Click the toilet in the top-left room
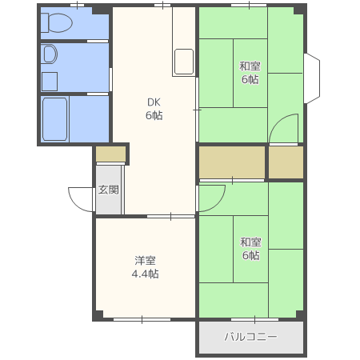pyautogui.click(x=57, y=23)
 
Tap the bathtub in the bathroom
pyautogui.click(x=55, y=119)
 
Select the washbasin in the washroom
pyautogui.click(x=50, y=54)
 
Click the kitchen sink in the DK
pyautogui.click(x=184, y=62)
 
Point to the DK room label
pyautogui.click(x=154, y=102)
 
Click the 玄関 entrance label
pyautogui.click(x=108, y=190)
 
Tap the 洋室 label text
pyautogui.click(x=145, y=261)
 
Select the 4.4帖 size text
pyautogui.click(x=146, y=274)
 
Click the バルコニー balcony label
pyautogui.click(x=250, y=337)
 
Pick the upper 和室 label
pyautogui.click(x=250, y=66)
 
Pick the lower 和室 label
pyautogui.click(x=250, y=242)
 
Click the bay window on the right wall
pyautogui.click(x=312, y=78)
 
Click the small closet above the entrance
pyautogui.click(x=110, y=154)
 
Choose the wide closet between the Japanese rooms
pyautogui.click(x=232, y=162)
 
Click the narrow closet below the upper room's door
pyautogui.click(x=286, y=162)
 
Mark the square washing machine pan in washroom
pyautogui.click(x=50, y=82)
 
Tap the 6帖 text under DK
pyautogui.click(x=154, y=115)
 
